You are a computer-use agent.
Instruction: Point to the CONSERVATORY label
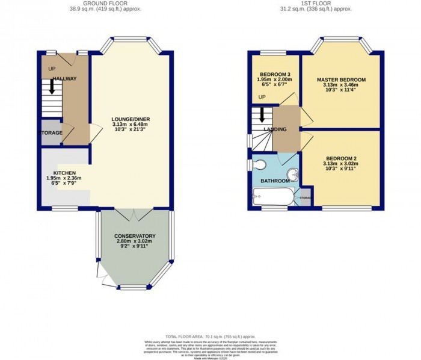[135, 236]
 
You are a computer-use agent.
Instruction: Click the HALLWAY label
[65, 79]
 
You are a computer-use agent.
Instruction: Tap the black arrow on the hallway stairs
[52, 87]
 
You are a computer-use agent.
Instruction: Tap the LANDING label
[274, 129]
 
